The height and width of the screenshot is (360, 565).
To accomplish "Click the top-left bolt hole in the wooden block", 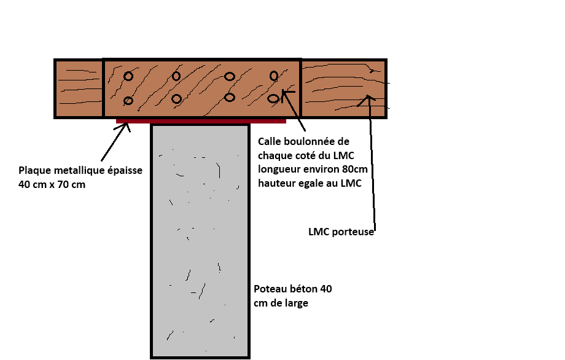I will (x=128, y=76).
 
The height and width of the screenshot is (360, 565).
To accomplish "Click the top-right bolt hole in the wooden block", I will (x=274, y=76).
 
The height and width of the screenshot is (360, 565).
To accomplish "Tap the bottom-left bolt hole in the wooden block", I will (x=128, y=101).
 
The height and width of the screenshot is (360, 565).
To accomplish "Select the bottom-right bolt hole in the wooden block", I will (x=273, y=98).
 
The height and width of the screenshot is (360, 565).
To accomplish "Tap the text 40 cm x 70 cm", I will (x=52, y=184).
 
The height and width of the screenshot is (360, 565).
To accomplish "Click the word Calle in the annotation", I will (x=270, y=142).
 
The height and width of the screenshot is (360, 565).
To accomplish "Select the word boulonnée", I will (x=310, y=142).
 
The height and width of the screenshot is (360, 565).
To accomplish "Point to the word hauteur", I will (x=277, y=182).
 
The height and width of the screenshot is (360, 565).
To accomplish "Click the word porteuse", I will (x=353, y=232).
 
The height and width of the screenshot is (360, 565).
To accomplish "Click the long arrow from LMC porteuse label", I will (x=372, y=166).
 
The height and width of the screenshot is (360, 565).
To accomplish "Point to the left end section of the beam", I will (x=79, y=88).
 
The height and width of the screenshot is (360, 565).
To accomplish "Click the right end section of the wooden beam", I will (x=343, y=88).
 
